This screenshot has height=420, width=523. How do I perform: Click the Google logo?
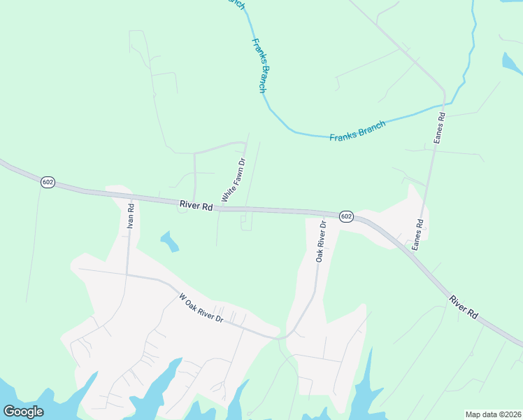pos(24,412)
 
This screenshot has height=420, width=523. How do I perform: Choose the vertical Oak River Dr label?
pos(321,241)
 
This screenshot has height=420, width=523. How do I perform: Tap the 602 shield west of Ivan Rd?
pos(48,182)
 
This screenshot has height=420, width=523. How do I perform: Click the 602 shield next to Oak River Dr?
pos(346,216)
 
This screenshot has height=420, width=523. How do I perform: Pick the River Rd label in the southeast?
pos(464,308)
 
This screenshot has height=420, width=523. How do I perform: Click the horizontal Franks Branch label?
pos(357,131)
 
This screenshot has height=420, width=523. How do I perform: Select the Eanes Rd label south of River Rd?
pos(417,237)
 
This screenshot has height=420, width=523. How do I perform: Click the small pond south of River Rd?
pos(170,242)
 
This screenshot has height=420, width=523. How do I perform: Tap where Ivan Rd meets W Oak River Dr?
pos(127,274)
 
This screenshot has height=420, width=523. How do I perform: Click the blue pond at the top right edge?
pos(511,62)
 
